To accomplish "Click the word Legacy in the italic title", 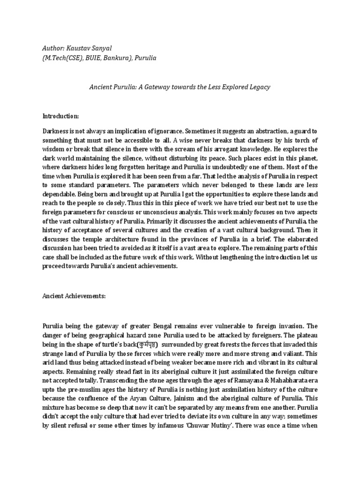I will (258, 87).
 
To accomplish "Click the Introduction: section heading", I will (61, 116).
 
